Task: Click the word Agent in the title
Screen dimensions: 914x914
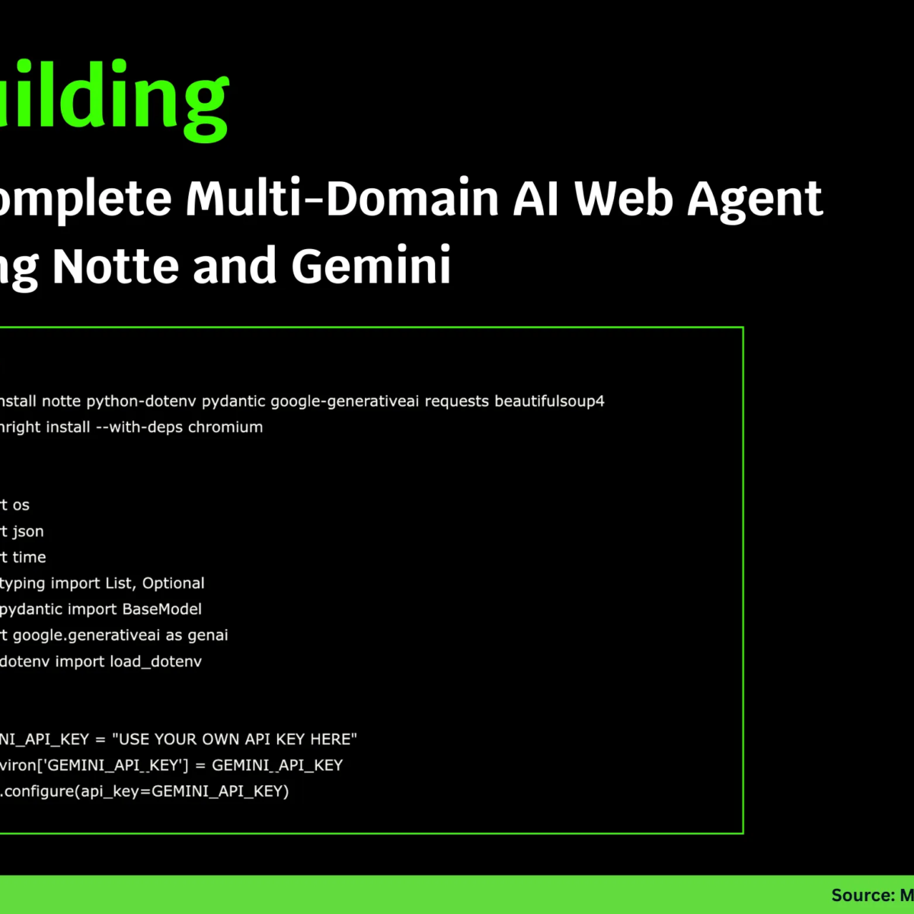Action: click(755, 199)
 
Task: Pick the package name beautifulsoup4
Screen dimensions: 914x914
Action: click(549, 401)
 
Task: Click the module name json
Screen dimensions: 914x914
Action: click(28, 532)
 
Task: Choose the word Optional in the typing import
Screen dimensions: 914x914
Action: click(174, 583)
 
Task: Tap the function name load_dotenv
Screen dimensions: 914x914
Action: click(156, 661)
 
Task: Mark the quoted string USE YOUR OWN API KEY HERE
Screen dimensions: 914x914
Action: click(237, 739)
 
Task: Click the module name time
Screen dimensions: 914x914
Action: click(29, 558)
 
